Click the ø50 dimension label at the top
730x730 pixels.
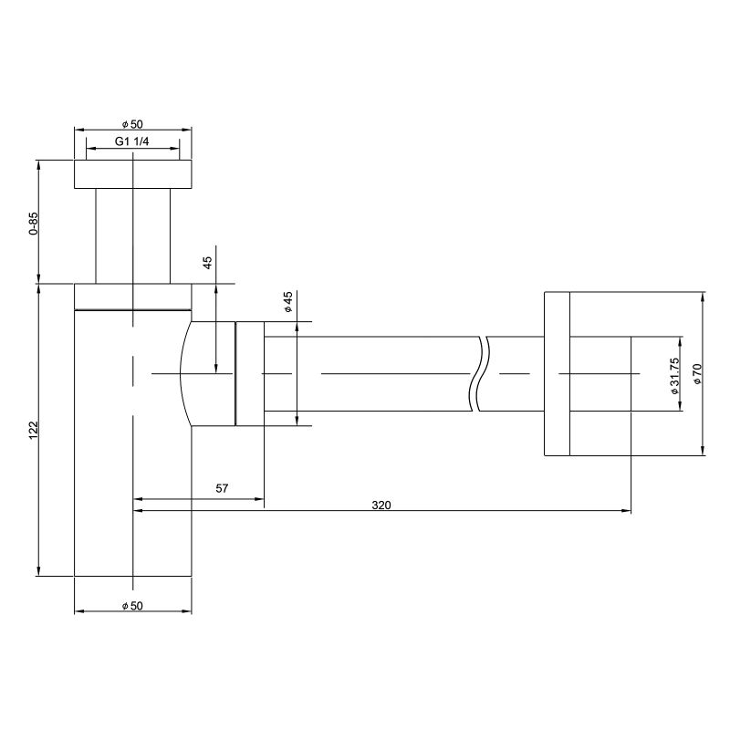tap(132, 124)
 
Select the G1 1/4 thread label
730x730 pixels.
tap(132, 141)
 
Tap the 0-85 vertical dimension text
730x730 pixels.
tap(34, 224)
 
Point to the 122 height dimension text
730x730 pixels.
tap(34, 430)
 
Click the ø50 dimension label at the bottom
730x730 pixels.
tap(132, 606)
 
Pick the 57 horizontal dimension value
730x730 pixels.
tap(222, 489)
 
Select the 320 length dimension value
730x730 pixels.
tap(381, 506)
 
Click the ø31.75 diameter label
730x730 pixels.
tap(674, 375)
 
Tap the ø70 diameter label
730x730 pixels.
tap(696, 375)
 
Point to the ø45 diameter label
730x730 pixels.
tap(288, 303)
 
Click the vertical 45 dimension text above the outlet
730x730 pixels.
tap(208, 263)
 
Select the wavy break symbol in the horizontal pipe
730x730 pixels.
tap(481, 374)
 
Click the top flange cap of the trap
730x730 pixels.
tap(132, 174)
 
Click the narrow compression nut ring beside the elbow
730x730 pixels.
tap(249, 373)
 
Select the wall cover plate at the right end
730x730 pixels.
tap(557, 373)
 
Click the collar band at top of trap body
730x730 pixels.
tap(132, 297)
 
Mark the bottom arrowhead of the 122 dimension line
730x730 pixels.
tap(38, 570)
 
